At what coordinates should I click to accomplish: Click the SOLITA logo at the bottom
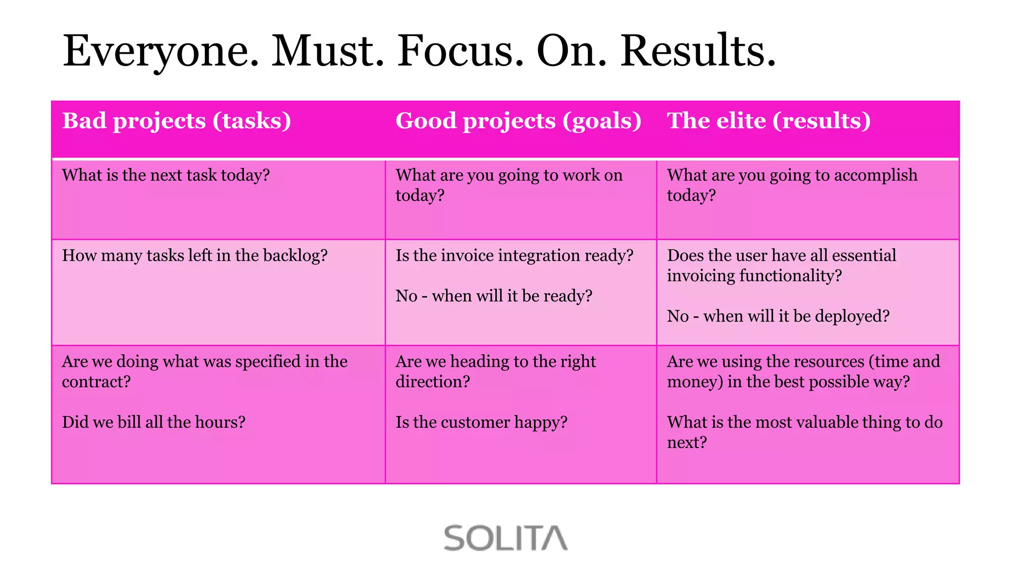pyautogui.click(x=505, y=538)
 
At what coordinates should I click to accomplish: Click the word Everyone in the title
pyautogui.click(x=161, y=51)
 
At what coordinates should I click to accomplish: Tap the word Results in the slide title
pyautogui.click(x=698, y=51)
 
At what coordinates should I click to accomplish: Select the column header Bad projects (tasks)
pyautogui.click(x=177, y=121)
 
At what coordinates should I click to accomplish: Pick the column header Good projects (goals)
pyautogui.click(x=518, y=121)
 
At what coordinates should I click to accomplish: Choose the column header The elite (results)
pyautogui.click(x=769, y=121)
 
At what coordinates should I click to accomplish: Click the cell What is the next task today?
pyautogui.click(x=166, y=175)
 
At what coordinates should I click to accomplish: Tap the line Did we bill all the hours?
pyautogui.click(x=154, y=422)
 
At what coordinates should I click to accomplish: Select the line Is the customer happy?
pyautogui.click(x=481, y=422)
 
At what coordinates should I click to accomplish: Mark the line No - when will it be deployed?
pyautogui.click(x=778, y=316)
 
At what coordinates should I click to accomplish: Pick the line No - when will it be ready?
pyautogui.click(x=494, y=296)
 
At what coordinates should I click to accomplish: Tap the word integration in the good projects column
pyautogui.click(x=539, y=256)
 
